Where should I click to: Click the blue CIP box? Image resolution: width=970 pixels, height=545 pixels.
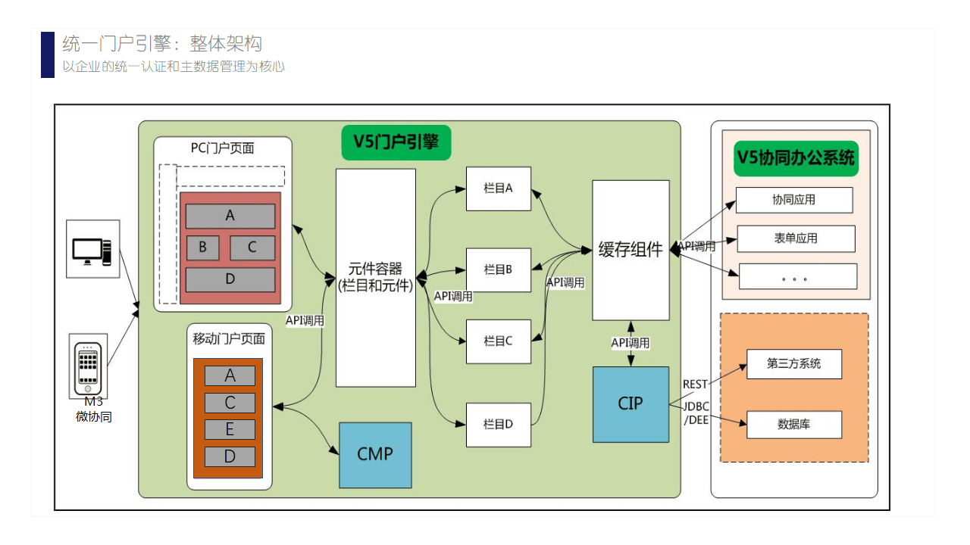coord(630,404)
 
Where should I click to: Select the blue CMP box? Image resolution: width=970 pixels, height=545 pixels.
coord(375,454)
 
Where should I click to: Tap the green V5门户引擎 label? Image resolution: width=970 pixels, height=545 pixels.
coord(396,142)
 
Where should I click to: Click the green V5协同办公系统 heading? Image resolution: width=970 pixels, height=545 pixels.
coord(796,157)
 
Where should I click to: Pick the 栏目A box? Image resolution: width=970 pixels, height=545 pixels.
coord(499,188)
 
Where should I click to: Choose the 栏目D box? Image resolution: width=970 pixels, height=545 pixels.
coord(499,425)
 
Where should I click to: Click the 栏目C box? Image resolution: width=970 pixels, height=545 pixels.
coord(499,341)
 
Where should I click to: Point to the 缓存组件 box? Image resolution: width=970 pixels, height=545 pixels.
coord(630,250)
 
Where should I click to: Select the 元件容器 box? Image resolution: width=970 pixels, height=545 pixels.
coord(376,277)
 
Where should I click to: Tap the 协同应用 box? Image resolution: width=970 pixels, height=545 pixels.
coord(794,200)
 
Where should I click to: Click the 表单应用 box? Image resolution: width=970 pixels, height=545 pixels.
coord(796,238)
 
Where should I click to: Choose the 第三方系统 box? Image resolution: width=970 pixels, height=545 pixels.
coord(794,363)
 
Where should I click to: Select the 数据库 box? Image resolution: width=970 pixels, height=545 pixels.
coord(794,425)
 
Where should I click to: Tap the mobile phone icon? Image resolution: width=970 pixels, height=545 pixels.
coord(88,367)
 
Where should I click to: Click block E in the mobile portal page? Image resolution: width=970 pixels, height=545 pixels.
coord(230,429)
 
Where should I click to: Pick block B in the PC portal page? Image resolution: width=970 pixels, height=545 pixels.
coord(202,248)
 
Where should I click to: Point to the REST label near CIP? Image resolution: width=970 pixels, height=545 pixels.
coord(695,385)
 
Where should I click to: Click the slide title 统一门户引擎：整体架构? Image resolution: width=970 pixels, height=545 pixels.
coord(162,43)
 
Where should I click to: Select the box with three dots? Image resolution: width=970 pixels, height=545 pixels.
coord(797,277)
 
